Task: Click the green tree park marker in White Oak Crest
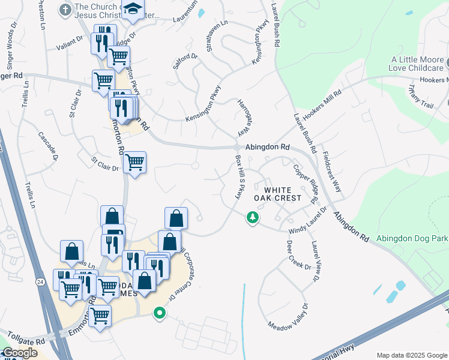[x=253, y=217]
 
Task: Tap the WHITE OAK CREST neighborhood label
[x=278, y=193]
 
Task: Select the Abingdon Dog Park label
[x=412, y=238]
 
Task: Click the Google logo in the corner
[x=19, y=353]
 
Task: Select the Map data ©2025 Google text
[x=412, y=355]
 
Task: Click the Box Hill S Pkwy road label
[x=240, y=178]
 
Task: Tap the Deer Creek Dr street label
[x=298, y=255]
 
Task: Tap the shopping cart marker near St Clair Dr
[x=134, y=161]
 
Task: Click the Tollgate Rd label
[x=23, y=341]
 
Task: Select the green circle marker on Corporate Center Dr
[x=159, y=313]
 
